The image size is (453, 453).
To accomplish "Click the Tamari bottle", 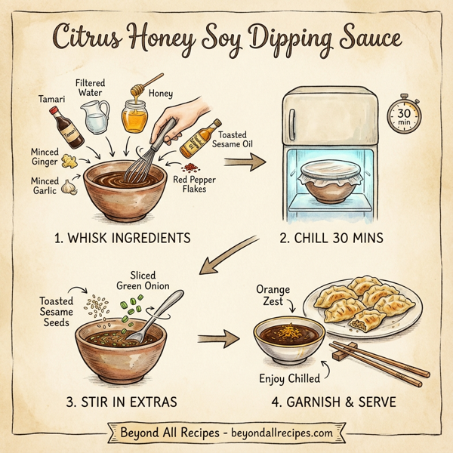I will pyautogui.click(x=66, y=128).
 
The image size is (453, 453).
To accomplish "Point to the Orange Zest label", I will pyautogui.click(x=273, y=295).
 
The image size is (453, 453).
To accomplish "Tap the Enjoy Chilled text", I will pyautogui.click(x=286, y=377).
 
